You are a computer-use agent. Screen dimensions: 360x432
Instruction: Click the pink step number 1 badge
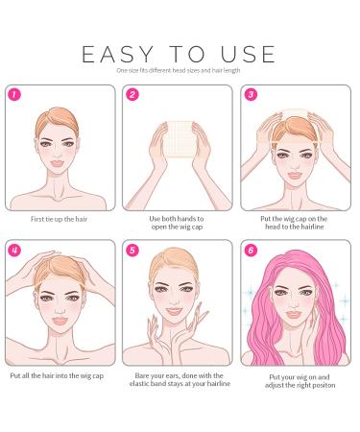coord(14,95)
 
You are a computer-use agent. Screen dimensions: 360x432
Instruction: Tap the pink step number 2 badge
coord(132,95)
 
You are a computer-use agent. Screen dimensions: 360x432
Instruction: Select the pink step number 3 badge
coord(251,95)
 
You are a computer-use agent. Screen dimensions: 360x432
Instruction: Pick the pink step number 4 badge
coord(14,250)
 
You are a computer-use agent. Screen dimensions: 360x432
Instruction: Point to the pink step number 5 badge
coord(132,250)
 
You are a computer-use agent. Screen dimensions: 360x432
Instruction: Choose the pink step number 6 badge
coord(251,250)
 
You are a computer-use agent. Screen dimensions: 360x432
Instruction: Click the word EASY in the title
coord(118,54)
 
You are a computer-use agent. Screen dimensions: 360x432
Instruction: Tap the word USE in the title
coord(248,54)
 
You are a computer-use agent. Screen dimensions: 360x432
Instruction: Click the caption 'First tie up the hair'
coord(59,219)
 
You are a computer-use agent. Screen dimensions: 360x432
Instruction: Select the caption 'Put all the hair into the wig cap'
coord(57,375)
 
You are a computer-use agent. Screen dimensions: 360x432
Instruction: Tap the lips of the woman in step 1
coord(58,163)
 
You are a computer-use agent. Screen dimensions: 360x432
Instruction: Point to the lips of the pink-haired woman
coord(294,315)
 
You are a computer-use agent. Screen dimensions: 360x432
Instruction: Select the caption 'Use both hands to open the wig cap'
coord(177,223)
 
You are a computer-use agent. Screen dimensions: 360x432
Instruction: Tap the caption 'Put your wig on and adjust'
coord(300,381)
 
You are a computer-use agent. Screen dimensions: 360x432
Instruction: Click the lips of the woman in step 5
coord(175,311)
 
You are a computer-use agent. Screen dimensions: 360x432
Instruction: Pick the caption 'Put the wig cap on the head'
coord(294,223)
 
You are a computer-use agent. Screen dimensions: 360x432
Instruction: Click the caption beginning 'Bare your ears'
coord(180,379)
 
